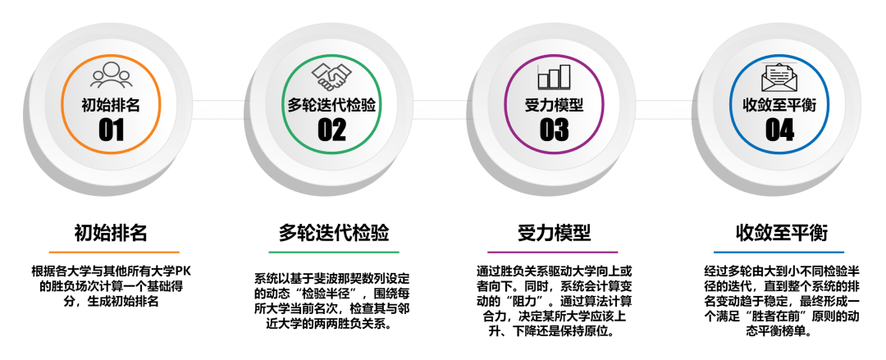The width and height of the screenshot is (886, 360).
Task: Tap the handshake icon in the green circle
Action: click(331, 76)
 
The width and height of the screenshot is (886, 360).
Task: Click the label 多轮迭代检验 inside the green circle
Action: click(331, 105)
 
